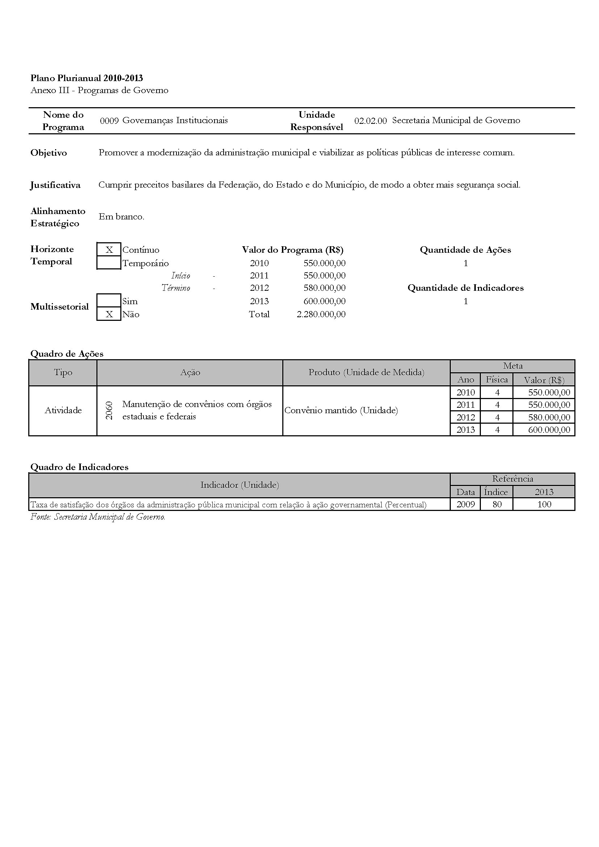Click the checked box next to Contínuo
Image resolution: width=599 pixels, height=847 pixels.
pos(109,250)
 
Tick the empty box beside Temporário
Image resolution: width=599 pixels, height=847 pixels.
pos(109,263)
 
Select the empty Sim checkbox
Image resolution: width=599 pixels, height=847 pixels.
pos(109,301)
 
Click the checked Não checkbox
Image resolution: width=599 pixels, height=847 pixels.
pos(109,314)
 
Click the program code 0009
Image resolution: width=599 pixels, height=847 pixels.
pos(109,121)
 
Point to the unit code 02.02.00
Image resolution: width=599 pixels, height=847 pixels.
pos(370,121)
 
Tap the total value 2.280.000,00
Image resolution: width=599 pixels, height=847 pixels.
pos(321,314)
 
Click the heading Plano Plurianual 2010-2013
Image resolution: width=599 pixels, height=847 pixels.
pos(87,78)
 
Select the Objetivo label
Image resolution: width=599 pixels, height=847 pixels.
pos(49,153)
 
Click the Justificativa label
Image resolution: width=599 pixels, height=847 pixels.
pos(55,185)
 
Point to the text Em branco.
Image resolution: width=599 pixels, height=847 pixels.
pos(121,217)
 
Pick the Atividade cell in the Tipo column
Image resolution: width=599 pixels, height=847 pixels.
pos(63,410)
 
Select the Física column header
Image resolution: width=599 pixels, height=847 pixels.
pos(496,380)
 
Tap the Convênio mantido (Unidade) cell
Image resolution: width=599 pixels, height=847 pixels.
pos(341,410)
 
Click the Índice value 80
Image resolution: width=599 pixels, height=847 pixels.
pos(497,504)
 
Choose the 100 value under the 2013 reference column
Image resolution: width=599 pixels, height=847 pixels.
pos(544,504)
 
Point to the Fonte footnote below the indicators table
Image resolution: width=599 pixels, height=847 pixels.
pos(98,517)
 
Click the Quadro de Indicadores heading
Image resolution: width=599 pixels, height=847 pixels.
pos(79,467)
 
